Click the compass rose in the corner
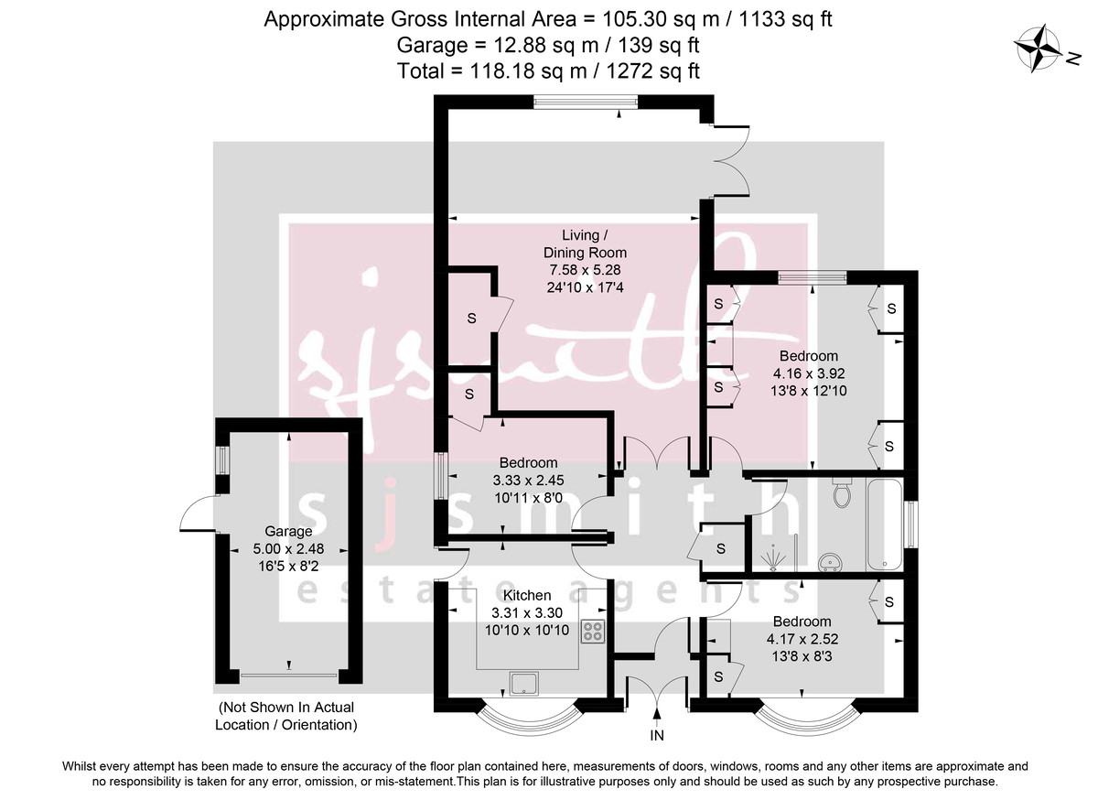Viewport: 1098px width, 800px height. pos(1033,49)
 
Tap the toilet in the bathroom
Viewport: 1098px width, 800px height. pos(842,492)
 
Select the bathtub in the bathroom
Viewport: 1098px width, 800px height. pos(884,524)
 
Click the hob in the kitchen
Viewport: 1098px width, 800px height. pos(593,632)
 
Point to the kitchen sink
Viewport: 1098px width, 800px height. pos(524,684)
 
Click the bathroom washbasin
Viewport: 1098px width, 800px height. pos(829,562)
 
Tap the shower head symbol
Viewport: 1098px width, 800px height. pos(773,558)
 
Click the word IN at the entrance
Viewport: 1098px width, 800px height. pos(657,736)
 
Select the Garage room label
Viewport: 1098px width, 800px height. pos(288,531)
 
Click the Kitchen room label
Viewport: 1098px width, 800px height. pos(527,596)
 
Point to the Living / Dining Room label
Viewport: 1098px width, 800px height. pos(585,243)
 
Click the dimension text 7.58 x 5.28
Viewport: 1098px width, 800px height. pos(585,270)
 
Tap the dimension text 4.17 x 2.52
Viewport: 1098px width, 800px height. pos(802,639)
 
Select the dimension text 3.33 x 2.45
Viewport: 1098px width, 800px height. pos(529,481)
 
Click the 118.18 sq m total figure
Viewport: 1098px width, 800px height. pos(528,71)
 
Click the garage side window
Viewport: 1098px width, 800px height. pos(223,460)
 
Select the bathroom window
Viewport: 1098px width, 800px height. pos(911,524)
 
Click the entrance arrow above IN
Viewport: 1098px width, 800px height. pos(657,716)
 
